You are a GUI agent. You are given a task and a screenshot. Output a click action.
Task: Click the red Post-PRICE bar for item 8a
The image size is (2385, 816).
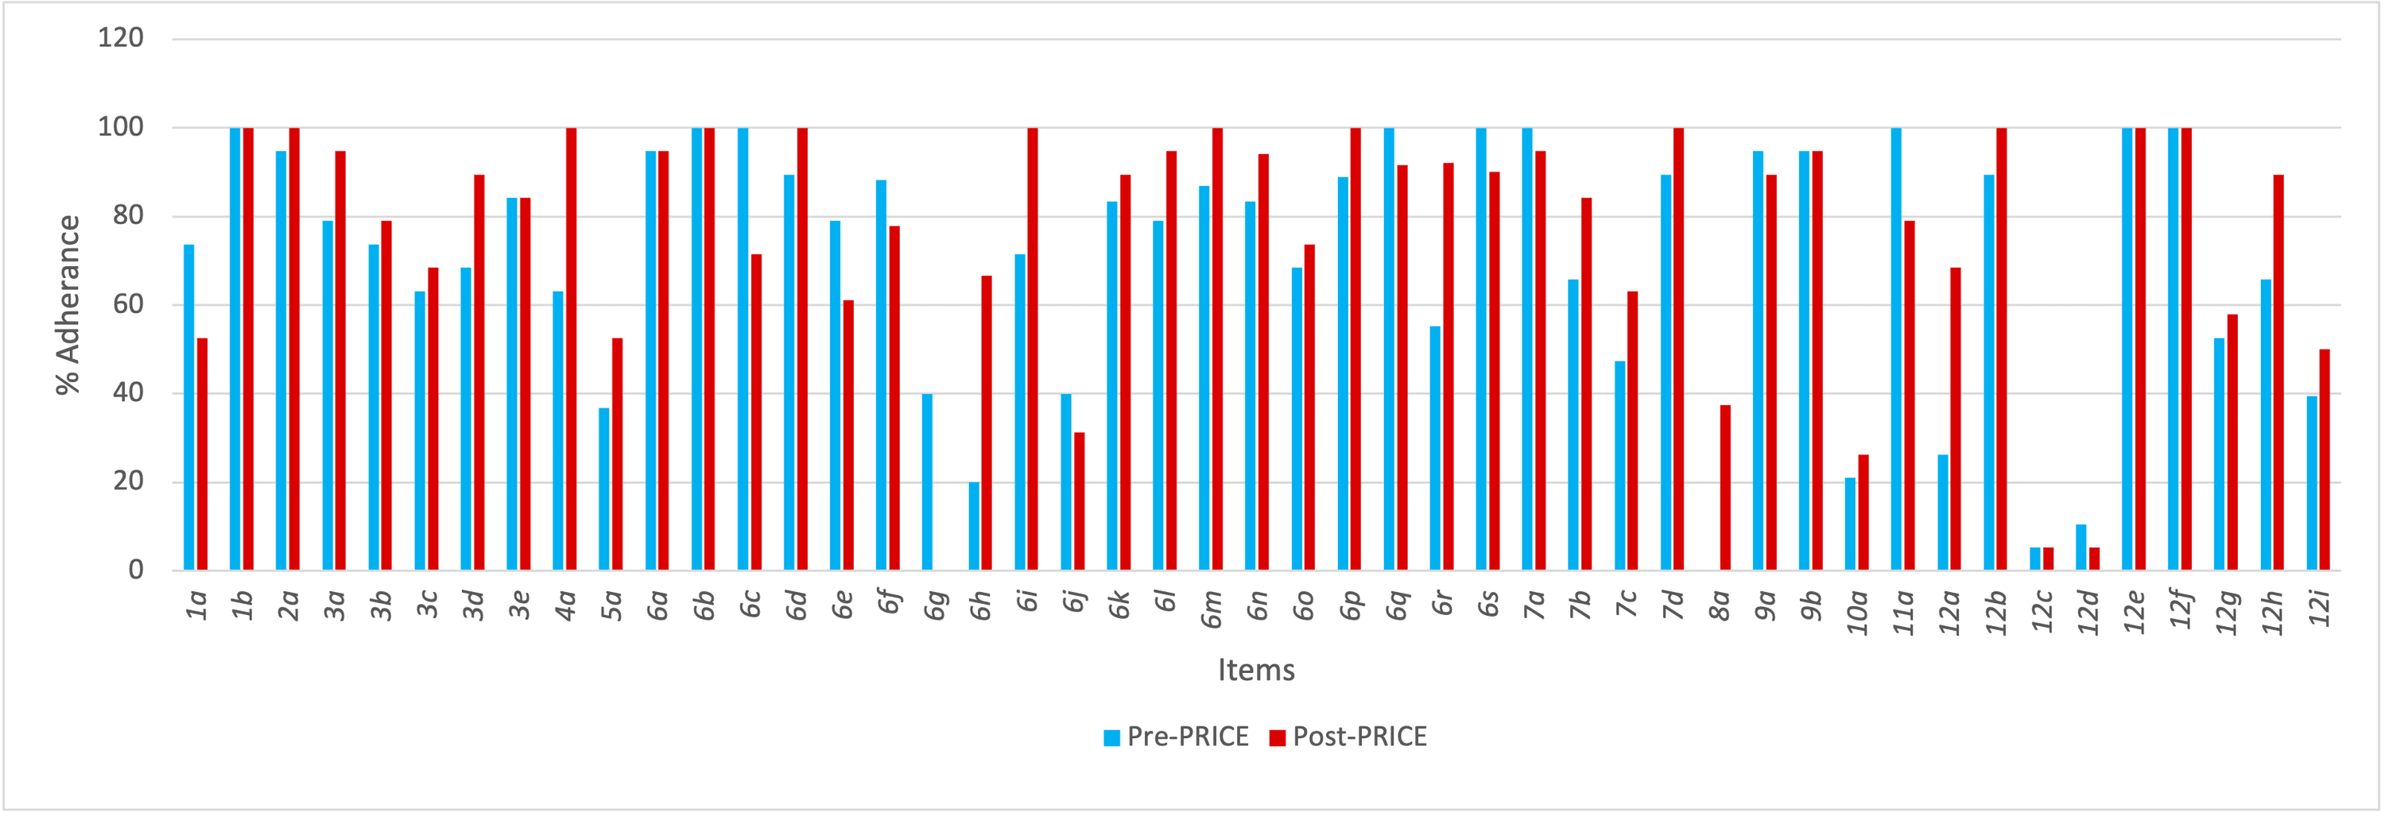(1725, 488)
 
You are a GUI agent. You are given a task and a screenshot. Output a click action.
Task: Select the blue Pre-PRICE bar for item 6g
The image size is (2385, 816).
(927, 482)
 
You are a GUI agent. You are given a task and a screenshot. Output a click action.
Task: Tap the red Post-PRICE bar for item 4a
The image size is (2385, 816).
(572, 349)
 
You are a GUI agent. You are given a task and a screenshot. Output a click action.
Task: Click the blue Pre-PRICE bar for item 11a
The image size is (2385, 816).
(1896, 349)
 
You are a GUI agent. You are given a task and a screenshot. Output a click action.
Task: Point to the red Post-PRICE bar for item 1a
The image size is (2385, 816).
(202, 454)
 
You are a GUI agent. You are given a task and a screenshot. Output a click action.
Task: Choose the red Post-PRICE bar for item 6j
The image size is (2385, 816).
(1080, 501)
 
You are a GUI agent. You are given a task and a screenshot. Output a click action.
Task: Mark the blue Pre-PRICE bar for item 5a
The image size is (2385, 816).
(603, 489)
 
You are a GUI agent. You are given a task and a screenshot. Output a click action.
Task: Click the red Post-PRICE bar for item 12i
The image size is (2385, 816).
(2325, 460)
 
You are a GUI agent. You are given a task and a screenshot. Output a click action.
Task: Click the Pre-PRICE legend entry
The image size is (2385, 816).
(1176, 737)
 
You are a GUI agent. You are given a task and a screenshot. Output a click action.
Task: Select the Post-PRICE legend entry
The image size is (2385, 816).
(1348, 737)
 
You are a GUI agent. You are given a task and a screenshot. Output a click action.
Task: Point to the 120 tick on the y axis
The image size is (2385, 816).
(122, 38)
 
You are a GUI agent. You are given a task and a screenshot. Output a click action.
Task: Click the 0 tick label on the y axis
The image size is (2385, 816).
(135, 570)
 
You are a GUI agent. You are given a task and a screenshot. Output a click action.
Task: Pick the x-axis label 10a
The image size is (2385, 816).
(1857, 613)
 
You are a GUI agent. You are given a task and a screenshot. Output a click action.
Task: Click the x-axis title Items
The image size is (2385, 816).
(1255, 670)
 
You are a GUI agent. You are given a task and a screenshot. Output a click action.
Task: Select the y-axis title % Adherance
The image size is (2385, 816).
(68, 305)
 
